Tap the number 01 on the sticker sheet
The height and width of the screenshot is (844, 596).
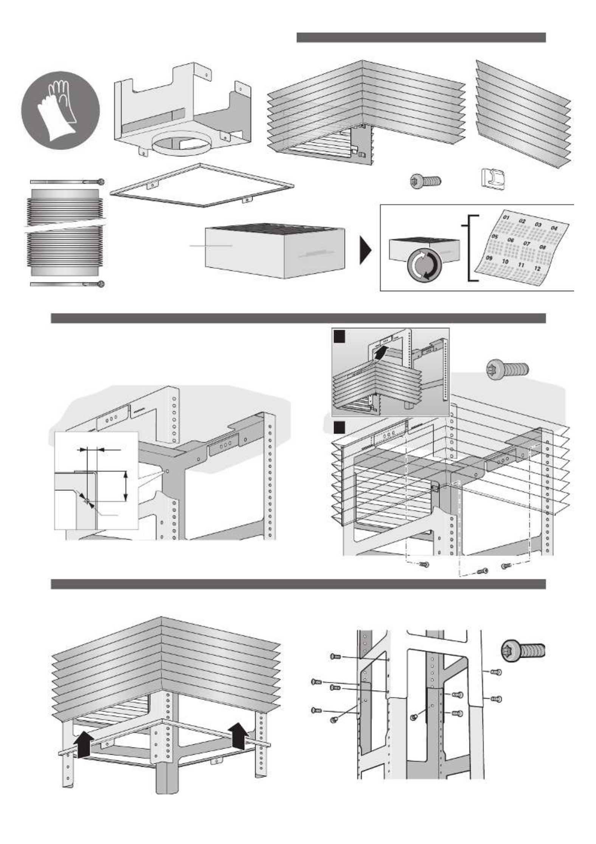(x=507, y=218)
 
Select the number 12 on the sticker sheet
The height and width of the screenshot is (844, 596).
(x=537, y=268)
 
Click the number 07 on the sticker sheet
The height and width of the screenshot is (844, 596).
(x=526, y=243)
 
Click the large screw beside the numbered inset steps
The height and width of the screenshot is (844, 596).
(x=507, y=368)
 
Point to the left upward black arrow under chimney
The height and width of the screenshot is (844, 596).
(x=83, y=744)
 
